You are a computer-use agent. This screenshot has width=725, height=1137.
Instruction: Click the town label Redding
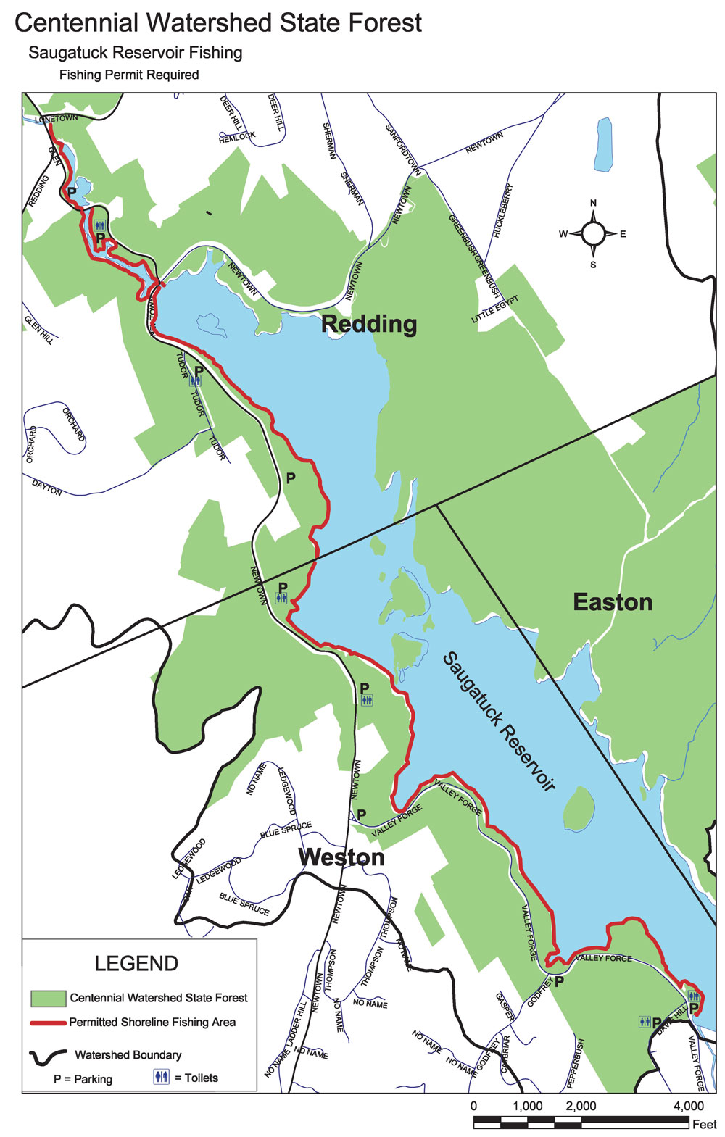[369, 324]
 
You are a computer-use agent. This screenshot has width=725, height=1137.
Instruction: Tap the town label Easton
[613, 602]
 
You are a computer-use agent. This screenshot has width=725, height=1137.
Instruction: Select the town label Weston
[341, 857]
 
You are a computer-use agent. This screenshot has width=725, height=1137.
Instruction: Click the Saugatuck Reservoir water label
[499, 722]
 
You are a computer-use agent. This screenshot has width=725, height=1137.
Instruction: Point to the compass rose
[593, 233]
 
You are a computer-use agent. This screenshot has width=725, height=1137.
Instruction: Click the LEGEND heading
[136, 963]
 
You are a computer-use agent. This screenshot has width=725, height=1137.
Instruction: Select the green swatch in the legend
[48, 999]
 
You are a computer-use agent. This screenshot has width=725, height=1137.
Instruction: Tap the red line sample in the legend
[48, 1023]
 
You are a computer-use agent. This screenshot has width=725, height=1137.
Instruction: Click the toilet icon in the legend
[161, 1077]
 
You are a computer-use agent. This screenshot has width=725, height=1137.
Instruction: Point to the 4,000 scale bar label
[688, 1106]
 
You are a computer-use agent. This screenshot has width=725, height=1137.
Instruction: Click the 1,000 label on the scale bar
[527, 1106]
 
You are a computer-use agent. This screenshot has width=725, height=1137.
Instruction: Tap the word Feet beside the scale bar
[704, 1124]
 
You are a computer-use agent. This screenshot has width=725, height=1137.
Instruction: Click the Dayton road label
[47, 487]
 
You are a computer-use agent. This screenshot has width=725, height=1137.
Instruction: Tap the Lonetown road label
[56, 118]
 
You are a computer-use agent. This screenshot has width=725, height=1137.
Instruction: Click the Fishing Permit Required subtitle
[129, 75]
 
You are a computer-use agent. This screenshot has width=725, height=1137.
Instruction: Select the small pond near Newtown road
[602, 144]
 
